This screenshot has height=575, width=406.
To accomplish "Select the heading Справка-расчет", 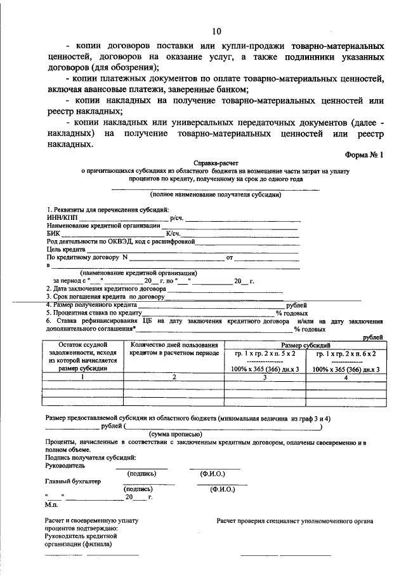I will pos(216,163).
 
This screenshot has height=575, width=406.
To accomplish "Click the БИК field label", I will pos(53,233).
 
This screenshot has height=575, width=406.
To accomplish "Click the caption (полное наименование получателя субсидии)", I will pos(216,194).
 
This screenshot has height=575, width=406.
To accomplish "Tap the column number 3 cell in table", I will pos(265,377).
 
